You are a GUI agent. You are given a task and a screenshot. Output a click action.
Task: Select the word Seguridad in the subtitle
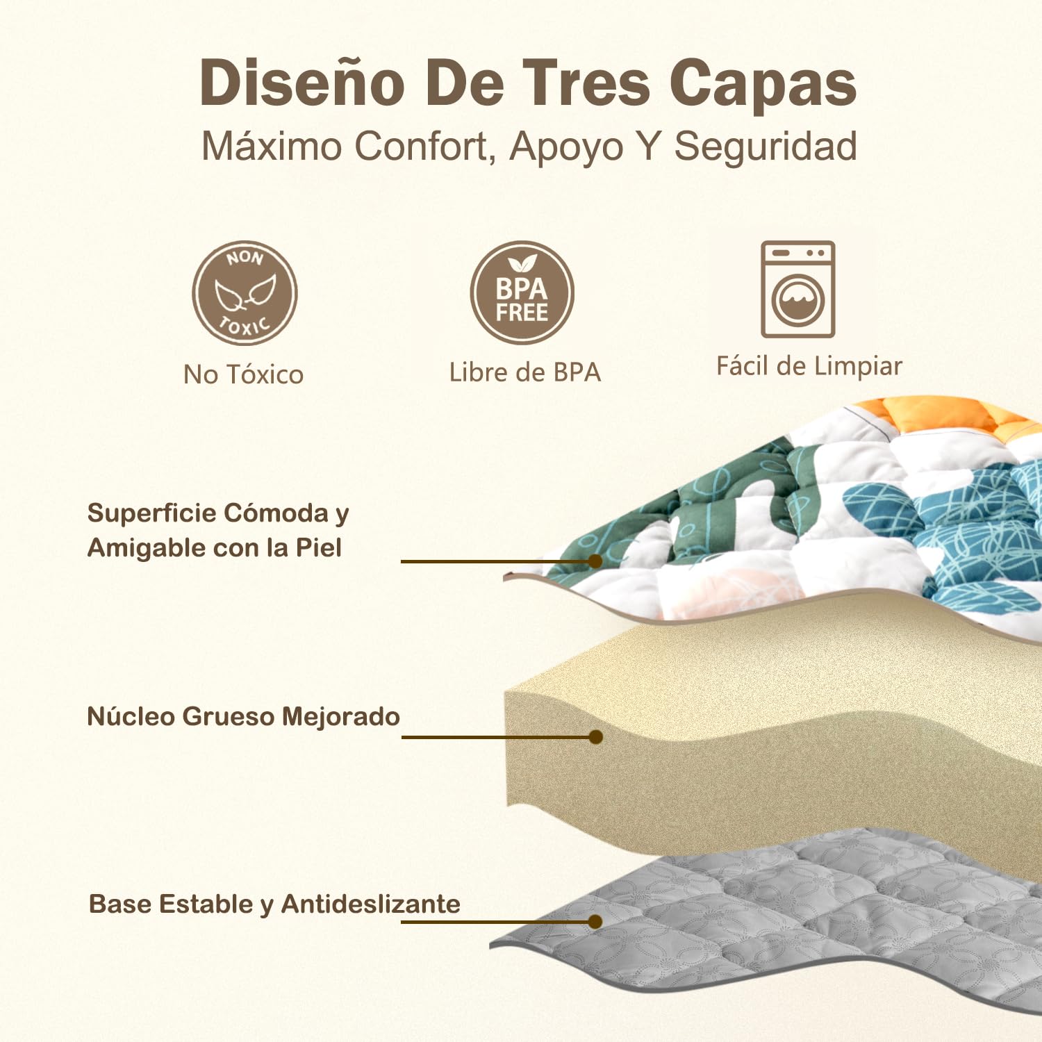(766, 148)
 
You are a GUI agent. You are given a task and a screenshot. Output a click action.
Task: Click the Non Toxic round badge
(245, 293)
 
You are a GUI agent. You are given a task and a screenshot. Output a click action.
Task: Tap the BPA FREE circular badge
(522, 292)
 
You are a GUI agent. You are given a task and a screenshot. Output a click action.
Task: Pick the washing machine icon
(798, 289)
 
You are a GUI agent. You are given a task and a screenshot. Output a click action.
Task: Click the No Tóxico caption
(244, 374)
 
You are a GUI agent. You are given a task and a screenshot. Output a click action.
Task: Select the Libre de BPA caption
(525, 372)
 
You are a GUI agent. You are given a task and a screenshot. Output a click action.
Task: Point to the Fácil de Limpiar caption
(809, 366)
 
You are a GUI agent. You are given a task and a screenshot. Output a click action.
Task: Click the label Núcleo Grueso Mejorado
(244, 716)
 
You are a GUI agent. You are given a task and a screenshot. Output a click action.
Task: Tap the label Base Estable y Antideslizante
(275, 904)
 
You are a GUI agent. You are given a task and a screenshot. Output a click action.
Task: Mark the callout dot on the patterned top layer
(595, 561)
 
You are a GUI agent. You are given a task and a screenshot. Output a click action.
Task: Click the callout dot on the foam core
(595, 737)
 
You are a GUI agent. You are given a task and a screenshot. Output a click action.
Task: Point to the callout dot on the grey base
(595, 922)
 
